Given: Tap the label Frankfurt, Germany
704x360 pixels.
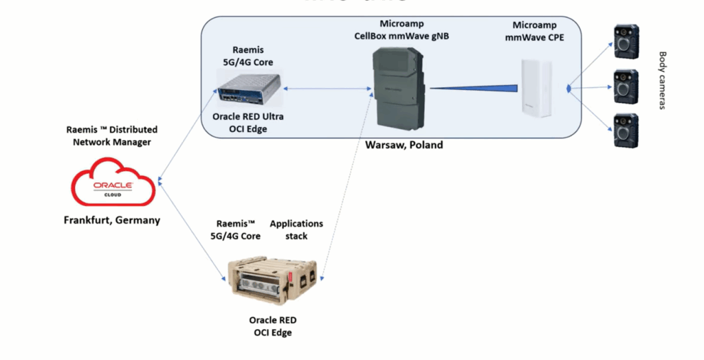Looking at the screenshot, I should [112, 221].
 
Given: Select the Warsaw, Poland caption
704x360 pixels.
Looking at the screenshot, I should [404, 145].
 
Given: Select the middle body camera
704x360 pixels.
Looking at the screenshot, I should [626, 85].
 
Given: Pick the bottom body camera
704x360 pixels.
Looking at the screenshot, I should [626, 129].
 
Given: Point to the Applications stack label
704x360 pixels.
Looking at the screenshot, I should [296, 229].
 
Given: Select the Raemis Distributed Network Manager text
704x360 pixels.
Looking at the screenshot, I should [111, 135].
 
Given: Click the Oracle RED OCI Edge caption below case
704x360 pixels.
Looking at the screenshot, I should [273, 326].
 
